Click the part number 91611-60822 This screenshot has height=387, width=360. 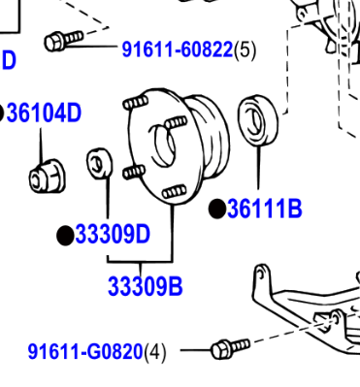coord(178,49)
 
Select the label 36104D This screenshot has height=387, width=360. coord(44,113)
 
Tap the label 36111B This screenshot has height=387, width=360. coord(265,209)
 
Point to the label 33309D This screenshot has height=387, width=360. coord(113,234)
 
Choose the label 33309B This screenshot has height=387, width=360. coord(146,286)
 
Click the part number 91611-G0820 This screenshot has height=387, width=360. coord(85,351)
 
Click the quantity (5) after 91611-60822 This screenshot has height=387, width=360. coord(245,50)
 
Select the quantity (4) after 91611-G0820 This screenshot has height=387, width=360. coord(155,352)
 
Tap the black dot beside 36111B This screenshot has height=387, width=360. coord(217,209)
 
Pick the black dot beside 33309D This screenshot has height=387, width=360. coord(65,236)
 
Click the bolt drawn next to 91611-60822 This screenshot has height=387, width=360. coord(63,40)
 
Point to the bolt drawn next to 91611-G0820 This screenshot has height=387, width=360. coord(230,348)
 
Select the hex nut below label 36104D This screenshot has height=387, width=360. coord(48,177)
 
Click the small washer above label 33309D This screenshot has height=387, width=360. coord(100,163)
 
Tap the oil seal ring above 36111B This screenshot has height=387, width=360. coord(258,120)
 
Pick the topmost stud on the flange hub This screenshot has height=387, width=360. coord(136,103)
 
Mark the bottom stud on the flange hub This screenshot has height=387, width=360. coord(175,192)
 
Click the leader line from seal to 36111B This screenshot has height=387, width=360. coord(258,168)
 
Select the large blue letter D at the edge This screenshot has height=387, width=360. coord(9,60)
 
